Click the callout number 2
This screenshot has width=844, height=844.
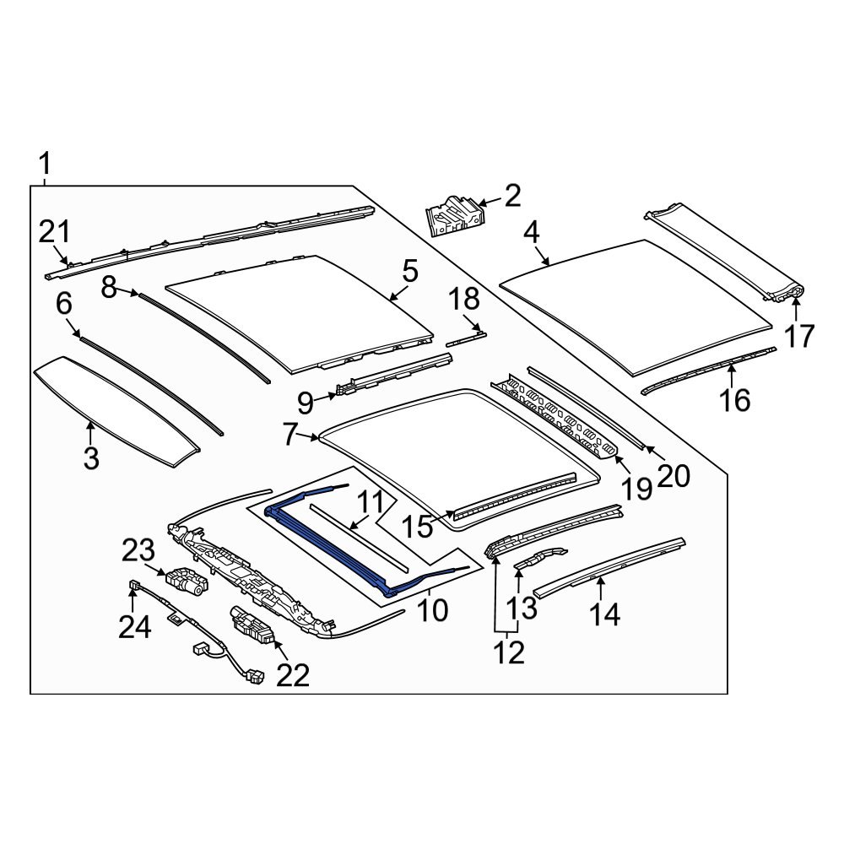[x=512, y=197]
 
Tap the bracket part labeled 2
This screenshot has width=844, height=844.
[x=453, y=217]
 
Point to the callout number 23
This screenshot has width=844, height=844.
[x=138, y=552]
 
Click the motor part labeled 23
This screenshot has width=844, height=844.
[x=185, y=582]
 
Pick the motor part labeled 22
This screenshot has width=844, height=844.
[x=252, y=625]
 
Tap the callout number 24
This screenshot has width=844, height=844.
[x=134, y=626]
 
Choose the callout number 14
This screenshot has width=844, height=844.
[x=604, y=614]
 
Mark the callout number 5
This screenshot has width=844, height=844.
[x=409, y=272]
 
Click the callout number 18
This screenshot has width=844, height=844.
[x=463, y=299]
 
